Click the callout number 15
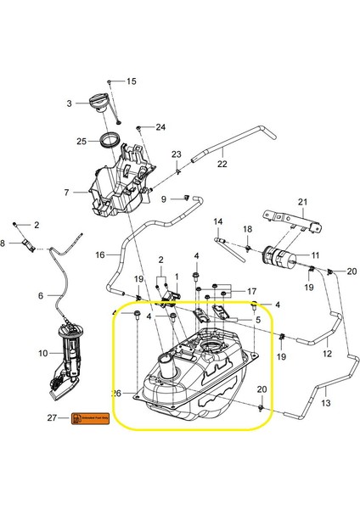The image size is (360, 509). pyautogui.click(x=132, y=81)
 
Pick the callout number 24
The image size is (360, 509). pyautogui.click(x=160, y=128)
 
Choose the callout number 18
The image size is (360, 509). pyautogui.click(x=248, y=229)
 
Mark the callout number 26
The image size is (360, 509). pyautogui.click(x=116, y=394)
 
